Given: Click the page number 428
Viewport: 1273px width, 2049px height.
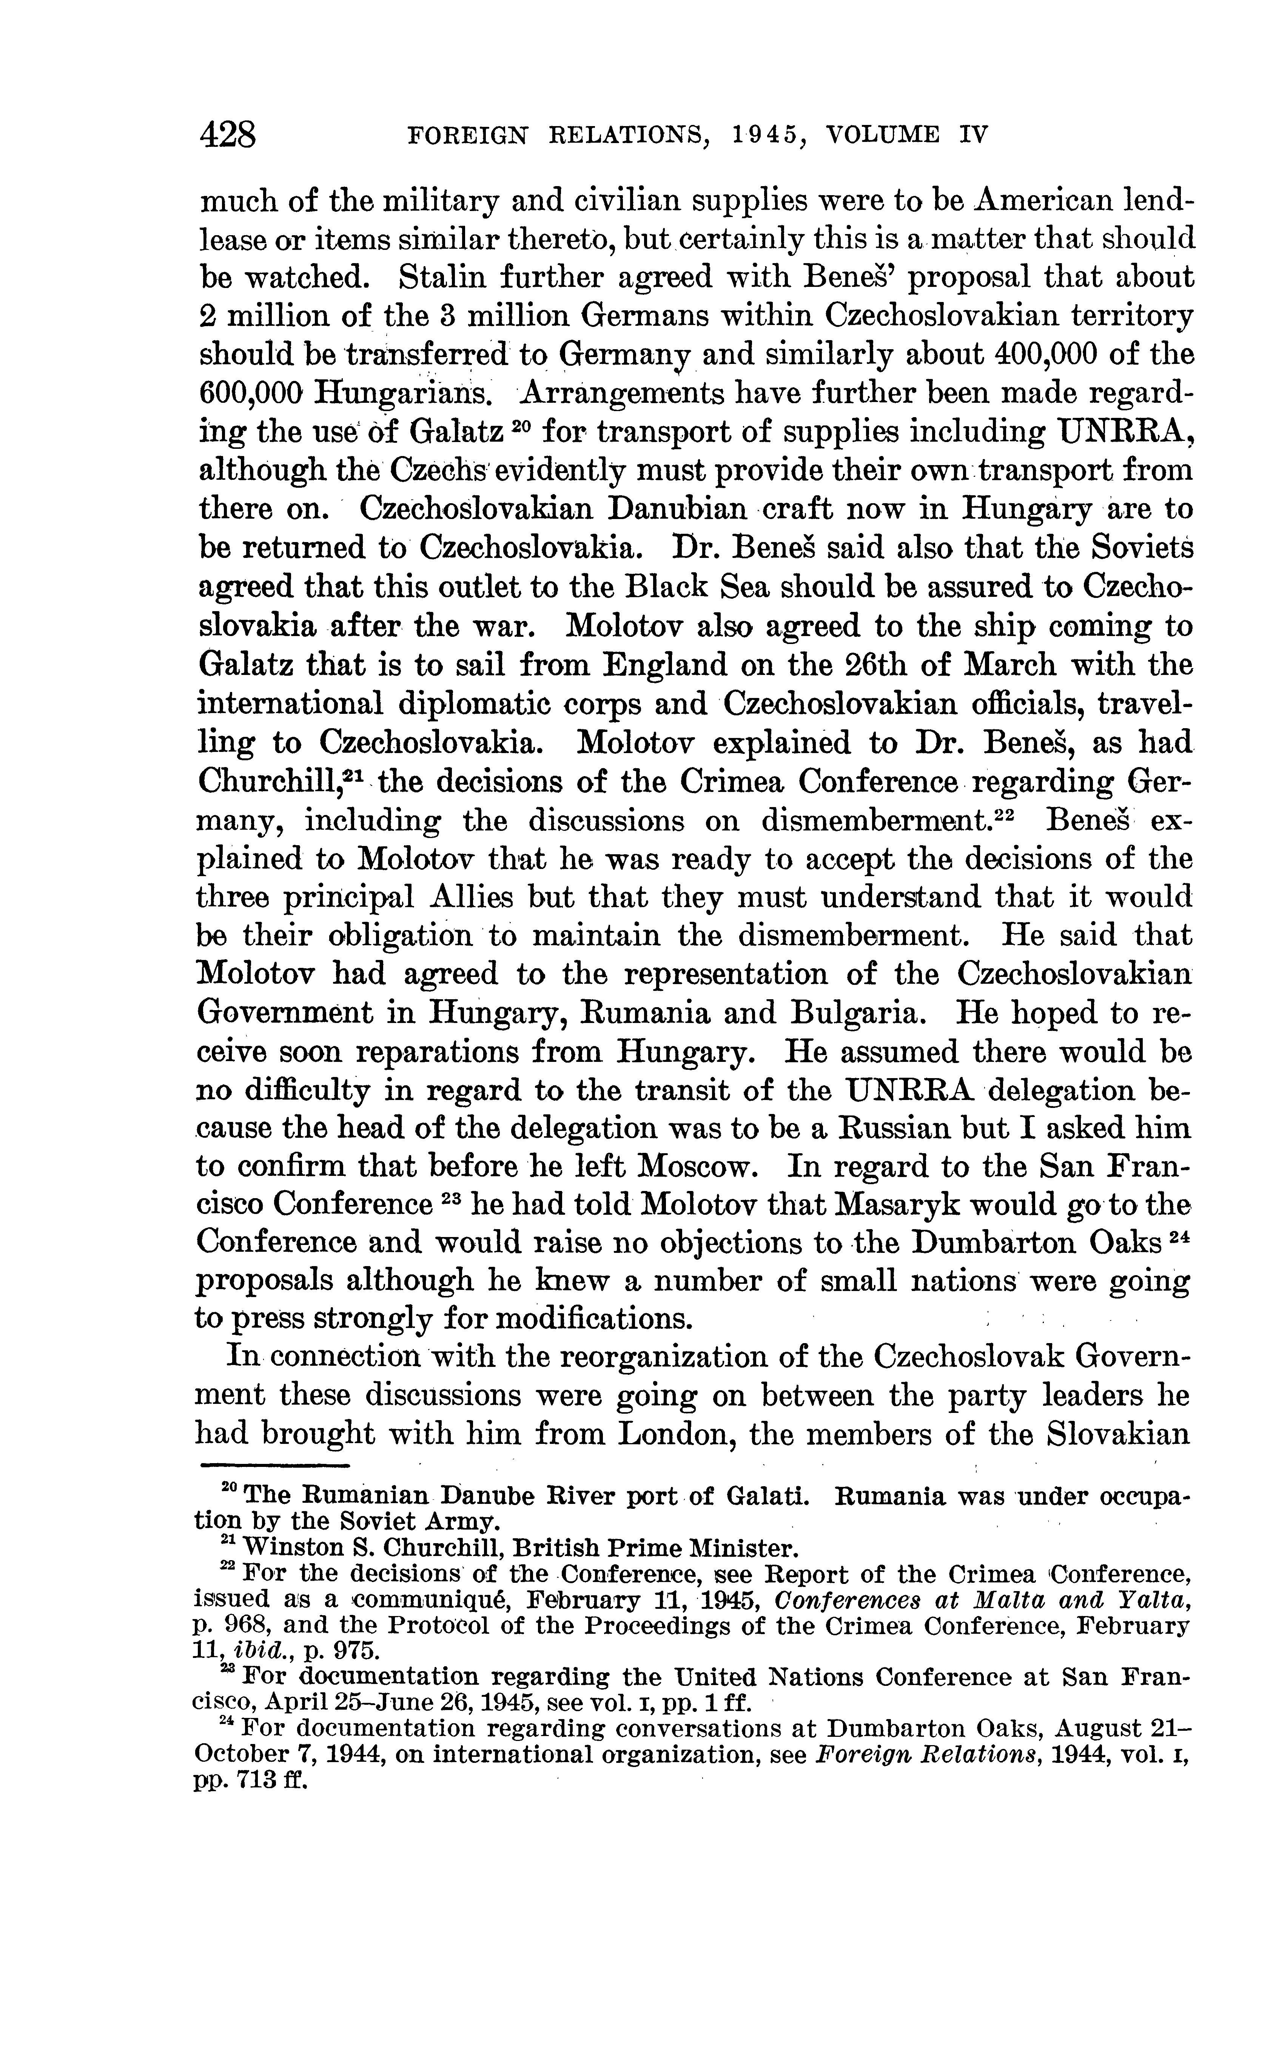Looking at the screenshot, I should click(227, 135).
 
